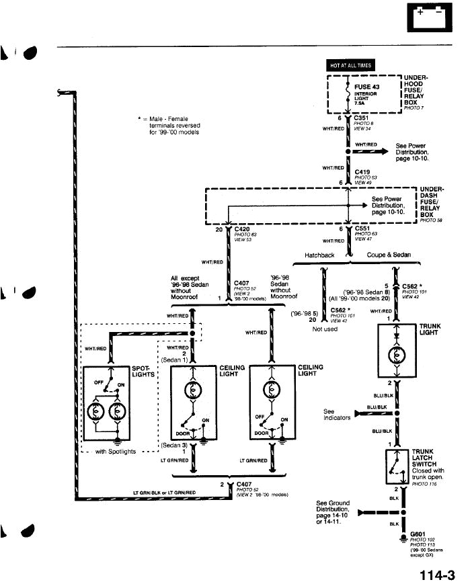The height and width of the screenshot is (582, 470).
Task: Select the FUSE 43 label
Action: tap(366, 87)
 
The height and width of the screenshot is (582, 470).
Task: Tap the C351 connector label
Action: tap(360, 118)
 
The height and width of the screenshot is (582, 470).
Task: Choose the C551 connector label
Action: tap(362, 228)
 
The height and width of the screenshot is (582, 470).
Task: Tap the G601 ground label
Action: tap(418, 534)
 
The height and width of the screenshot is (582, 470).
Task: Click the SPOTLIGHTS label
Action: tap(143, 370)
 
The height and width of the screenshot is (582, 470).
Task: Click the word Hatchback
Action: tap(319, 255)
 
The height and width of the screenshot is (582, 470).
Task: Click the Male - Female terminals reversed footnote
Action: tap(168, 126)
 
